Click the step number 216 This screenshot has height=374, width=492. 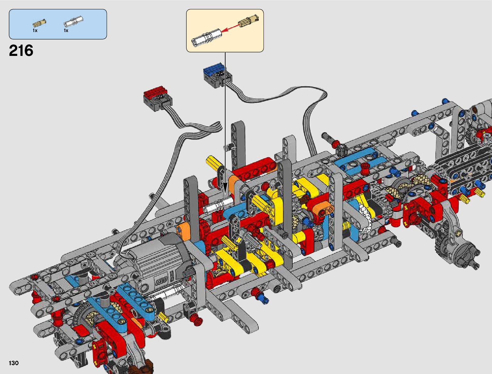pyautogui.click(x=21, y=50)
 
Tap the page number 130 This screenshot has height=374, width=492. pyautogui.click(x=14, y=363)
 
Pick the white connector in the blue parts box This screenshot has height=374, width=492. pyautogui.click(x=73, y=22)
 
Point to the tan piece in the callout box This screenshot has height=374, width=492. pyautogui.click(x=248, y=20)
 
